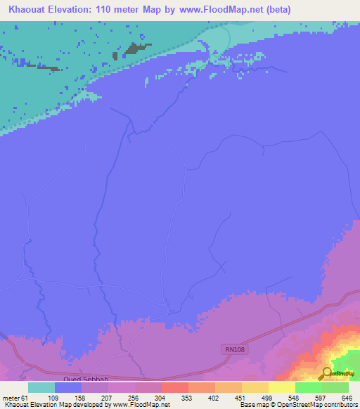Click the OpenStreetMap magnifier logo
(x=327, y=372)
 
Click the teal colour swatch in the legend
(x=41, y=387)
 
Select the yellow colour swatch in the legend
(x=281, y=387)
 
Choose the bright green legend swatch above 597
(x=308, y=387)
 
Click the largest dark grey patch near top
(x=134, y=51)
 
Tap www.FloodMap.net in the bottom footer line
(x=141, y=405)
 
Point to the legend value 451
(x=241, y=398)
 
